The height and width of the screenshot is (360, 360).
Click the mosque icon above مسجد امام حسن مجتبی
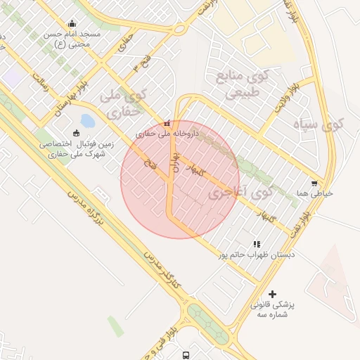click(x=72, y=23)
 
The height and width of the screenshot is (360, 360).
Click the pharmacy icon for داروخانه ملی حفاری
click(x=167, y=123)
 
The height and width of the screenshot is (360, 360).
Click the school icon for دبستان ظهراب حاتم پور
click(x=247, y=244)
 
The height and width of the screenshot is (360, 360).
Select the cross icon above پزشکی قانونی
click(x=273, y=293)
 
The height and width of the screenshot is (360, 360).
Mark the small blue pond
click(x=87, y=121)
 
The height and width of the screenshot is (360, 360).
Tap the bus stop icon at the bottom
click(x=186, y=355)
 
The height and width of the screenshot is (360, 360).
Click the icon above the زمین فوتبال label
click(x=76, y=133)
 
